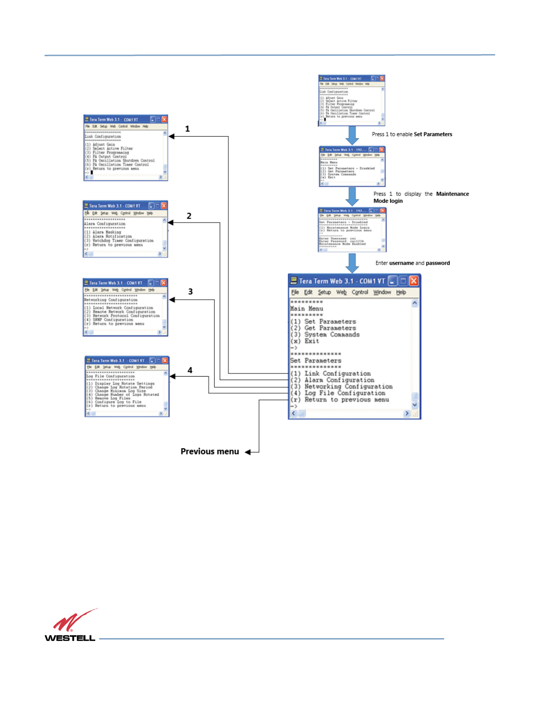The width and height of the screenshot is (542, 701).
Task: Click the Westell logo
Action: (70, 626)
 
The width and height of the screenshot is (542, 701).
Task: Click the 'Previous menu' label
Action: (209, 451)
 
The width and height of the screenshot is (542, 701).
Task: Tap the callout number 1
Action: (187, 129)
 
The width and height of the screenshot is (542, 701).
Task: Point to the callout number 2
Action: (189, 216)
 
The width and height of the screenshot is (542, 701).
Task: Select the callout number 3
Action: (190, 292)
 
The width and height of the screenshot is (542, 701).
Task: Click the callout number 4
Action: (190, 370)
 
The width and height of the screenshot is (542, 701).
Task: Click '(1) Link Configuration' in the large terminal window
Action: (331, 374)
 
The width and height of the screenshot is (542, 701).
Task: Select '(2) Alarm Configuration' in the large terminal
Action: (332, 380)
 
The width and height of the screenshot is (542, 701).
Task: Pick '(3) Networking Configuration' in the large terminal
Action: (341, 387)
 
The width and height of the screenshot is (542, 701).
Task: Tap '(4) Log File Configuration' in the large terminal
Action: (338, 393)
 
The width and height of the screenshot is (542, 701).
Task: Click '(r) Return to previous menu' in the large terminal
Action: (340, 400)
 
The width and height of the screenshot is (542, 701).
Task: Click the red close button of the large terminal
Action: (414, 281)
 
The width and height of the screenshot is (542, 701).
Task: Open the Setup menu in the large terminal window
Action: (324, 293)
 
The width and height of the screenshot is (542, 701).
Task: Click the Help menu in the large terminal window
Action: (401, 293)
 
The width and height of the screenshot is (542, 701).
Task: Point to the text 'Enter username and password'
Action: (412, 263)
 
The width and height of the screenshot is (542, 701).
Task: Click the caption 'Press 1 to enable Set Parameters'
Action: (412, 134)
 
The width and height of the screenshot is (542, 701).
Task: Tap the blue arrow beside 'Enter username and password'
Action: (352, 263)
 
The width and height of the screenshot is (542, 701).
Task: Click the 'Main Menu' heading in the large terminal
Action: (306, 308)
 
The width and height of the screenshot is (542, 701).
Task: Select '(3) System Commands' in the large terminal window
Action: (325, 335)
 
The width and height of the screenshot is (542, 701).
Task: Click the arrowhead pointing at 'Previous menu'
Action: (248, 452)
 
